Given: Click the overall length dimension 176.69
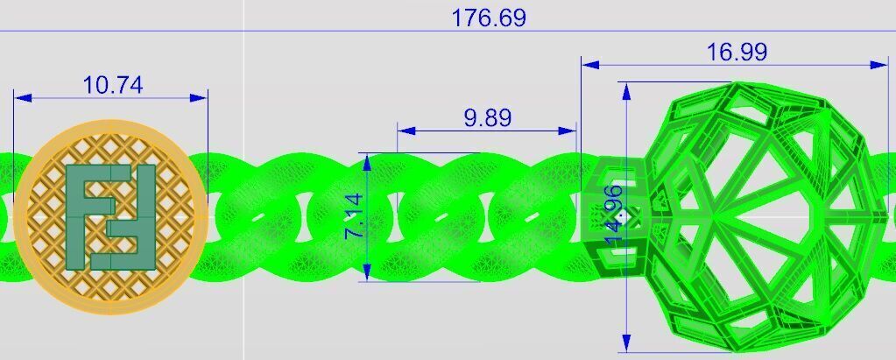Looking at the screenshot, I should [488, 18].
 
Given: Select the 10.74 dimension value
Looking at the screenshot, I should [112, 85].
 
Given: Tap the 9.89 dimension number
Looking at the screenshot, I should [488, 117].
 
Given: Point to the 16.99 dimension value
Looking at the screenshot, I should [737, 52].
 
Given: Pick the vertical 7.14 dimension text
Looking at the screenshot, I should [355, 217].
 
